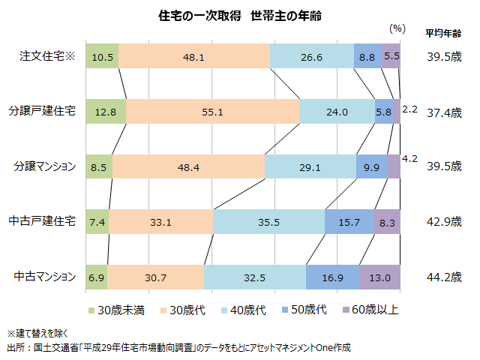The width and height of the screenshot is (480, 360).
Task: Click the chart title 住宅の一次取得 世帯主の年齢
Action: coord(240,14)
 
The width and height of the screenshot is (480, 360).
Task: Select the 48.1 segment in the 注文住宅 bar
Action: coord(193,56)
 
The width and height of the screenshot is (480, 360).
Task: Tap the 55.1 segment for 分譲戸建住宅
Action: coord(212,111)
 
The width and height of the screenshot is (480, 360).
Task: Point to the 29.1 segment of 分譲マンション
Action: coord(310,166)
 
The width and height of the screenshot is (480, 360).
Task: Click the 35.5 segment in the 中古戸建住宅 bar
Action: coord(268,222)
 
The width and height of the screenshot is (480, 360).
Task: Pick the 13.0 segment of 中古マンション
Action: coord(379,277)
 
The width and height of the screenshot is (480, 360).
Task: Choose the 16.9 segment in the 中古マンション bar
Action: coord(332,277)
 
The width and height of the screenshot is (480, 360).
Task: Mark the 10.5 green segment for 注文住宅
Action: coord(102,56)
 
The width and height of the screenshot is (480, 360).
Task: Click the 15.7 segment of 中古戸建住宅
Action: coord(349,222)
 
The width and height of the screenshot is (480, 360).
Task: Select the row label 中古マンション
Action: coord(45,277)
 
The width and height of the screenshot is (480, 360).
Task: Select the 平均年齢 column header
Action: coord(443,33)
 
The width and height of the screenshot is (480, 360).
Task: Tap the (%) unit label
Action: coord(397,28)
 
